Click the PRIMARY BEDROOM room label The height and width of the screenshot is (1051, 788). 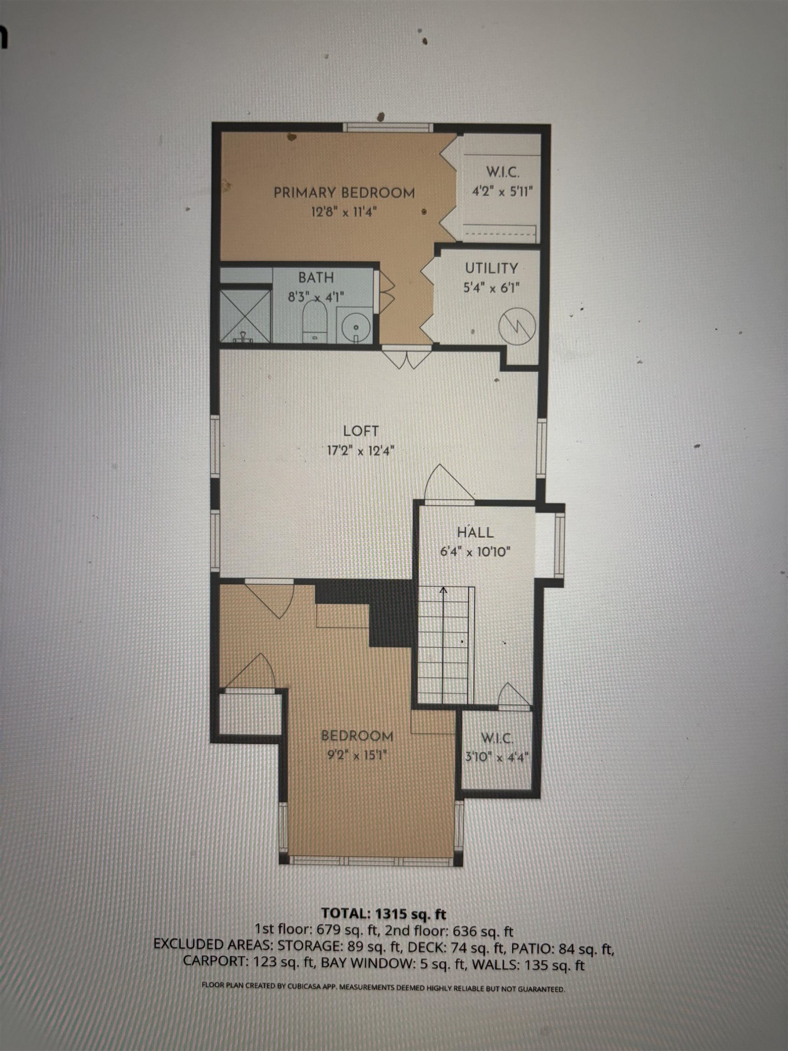(x=344, y=193)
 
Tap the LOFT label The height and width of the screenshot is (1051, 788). (x=361, y=431)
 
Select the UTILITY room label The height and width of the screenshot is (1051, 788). (x=491, y=268)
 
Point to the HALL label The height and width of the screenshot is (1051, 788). (x=476, y=532)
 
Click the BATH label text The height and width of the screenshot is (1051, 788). (x=316, y=277)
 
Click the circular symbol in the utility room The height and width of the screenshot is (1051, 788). (x=517, y=327)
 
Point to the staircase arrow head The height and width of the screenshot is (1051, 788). (x=444, y=591)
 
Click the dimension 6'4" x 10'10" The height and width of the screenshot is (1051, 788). (x=475, y=552)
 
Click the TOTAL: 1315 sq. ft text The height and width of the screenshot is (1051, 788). (x=384, y=913)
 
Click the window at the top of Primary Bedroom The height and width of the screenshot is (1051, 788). (x=389, y=127)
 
